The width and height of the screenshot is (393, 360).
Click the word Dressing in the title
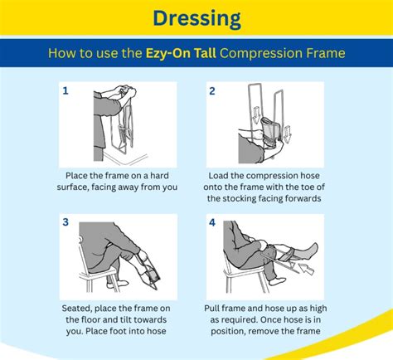pyautogui.click(x=196, y=17)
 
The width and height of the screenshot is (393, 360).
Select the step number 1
pyautogui.click(x=65, y=90)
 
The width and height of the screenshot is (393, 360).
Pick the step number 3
pyautogui.click(x=65, y=223)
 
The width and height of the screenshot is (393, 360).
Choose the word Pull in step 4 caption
pyautogui.click(x=216, y=309)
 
